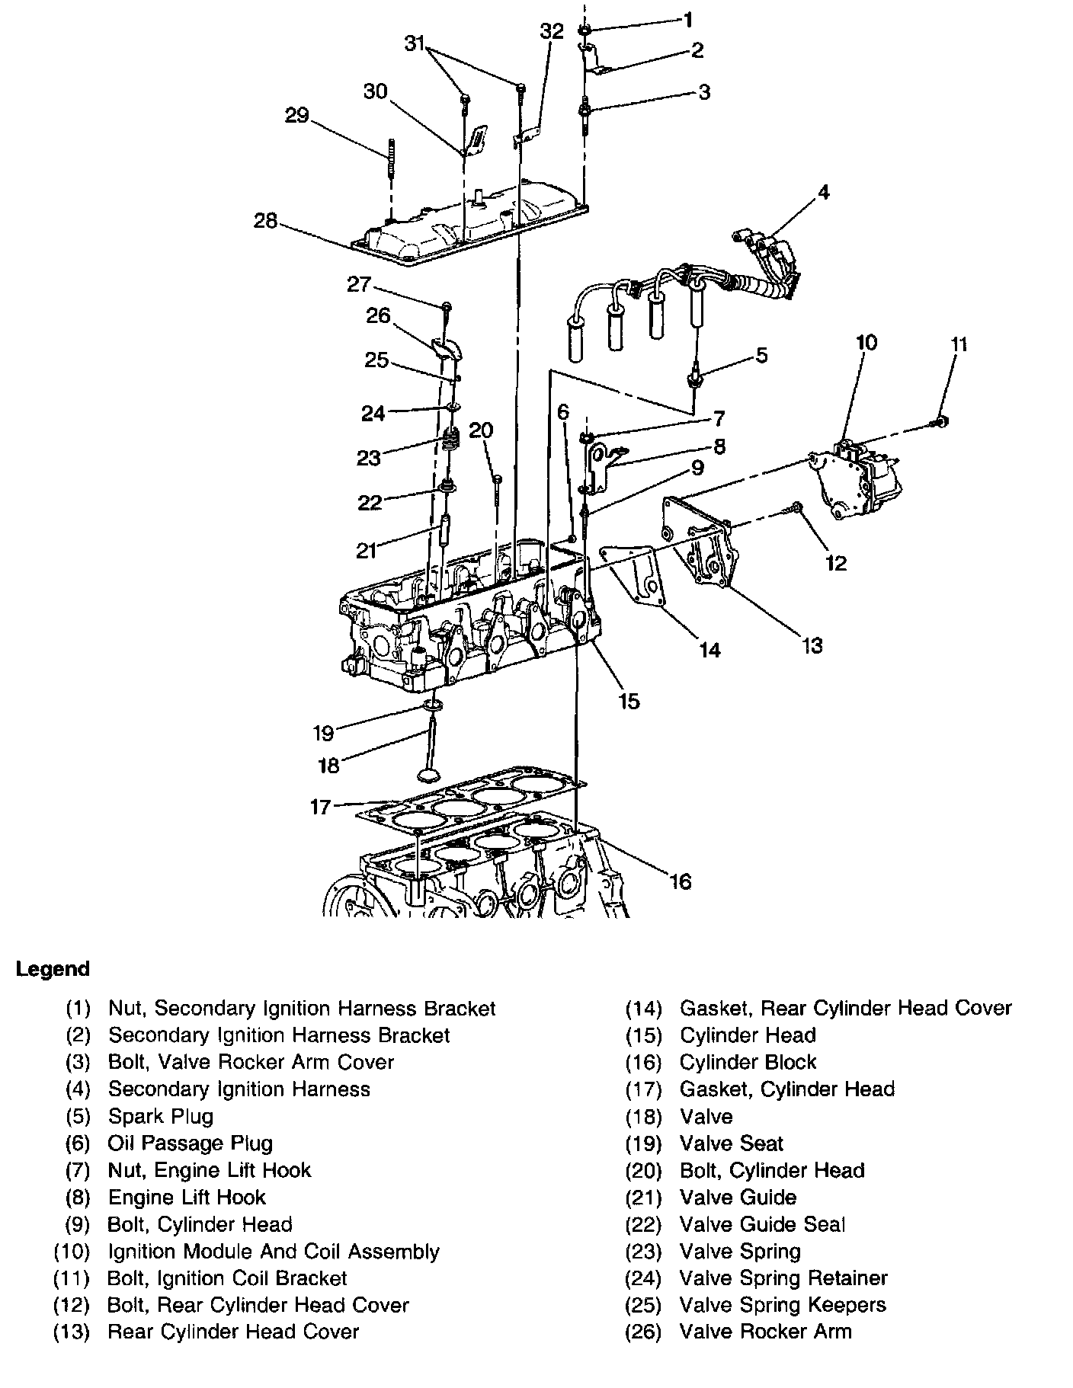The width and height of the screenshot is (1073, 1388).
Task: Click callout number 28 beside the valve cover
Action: click(266, 222)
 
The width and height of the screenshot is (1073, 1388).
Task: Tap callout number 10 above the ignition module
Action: click(866, 343)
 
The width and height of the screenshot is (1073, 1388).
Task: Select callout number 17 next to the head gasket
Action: click(321, 806)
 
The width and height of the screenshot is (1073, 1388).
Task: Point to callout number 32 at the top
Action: click(552, 31)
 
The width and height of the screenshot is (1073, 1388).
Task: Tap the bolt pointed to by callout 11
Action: click(941, 421)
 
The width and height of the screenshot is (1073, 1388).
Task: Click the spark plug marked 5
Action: click(694, 379)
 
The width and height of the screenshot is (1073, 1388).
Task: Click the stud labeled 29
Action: click(390, 156)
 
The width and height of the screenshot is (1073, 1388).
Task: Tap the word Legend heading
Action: click(53, 969)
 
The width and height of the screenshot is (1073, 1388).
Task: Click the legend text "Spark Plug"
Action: click(161, 1116)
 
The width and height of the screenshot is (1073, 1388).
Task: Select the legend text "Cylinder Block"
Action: click(748, 1062)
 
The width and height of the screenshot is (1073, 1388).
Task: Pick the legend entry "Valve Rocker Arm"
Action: click(765, 1332)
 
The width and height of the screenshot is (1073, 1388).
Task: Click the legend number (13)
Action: click(72, 1332)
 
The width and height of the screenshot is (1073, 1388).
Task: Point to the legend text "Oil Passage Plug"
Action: click(191, 1143)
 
